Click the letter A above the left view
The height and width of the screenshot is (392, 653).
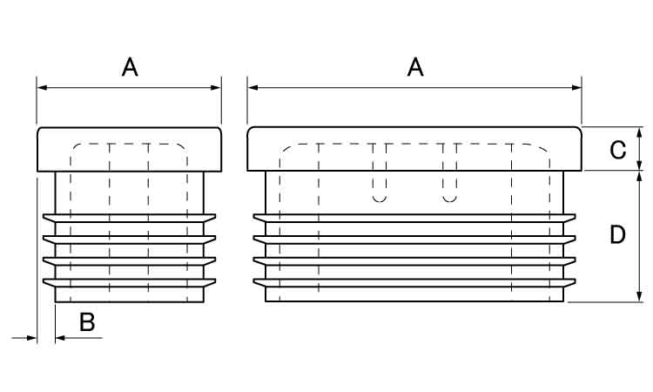[130, 67]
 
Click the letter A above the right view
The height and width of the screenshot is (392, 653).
[415, 67]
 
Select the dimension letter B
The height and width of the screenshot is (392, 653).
[87, 322]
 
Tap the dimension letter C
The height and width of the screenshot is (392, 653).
[617, 150]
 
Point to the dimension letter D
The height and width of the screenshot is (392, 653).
[617, 234]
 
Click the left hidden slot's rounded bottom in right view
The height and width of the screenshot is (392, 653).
[380, 198]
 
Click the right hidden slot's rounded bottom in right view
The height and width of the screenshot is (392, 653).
[449, 198]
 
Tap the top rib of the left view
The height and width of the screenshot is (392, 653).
[129, 219]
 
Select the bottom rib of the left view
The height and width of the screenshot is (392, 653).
[129, 283]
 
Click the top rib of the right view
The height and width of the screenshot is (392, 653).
[414, 219]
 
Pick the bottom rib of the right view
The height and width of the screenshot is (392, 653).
[414, 283]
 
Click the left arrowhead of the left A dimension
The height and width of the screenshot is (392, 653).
[42, 87]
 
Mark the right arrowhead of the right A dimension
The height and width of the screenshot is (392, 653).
[576, 87]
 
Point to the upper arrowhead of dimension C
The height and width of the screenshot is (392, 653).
[640, 132]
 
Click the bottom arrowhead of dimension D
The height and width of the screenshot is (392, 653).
[640, 296]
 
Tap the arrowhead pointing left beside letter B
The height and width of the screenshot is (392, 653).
[60, 338]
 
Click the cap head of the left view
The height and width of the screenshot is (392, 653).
[129, 149]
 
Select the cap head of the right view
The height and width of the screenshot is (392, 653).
[414, 149]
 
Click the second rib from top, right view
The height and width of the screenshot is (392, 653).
[414, 240]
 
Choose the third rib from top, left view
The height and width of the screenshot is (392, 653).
[129, 261]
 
